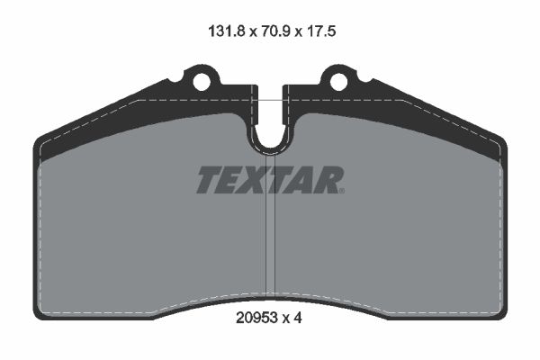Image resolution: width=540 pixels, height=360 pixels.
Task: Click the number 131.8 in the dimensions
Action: point(226,31)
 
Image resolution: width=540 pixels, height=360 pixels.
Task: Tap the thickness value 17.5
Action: point(319,31)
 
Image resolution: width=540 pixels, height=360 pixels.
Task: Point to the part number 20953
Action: point(256,318)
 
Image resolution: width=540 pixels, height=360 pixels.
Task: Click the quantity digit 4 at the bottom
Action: point(298,318)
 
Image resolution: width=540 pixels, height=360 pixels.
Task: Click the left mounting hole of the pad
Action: point(201,82)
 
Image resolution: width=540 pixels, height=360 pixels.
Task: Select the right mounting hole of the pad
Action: point(339,82)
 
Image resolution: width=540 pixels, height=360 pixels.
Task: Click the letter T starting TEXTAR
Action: point(210,179)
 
